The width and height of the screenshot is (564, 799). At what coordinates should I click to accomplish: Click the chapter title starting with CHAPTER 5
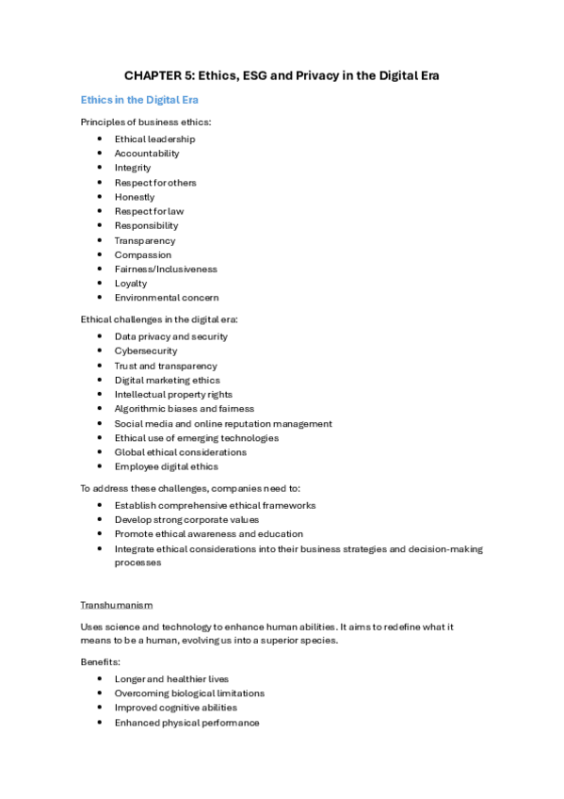click(282, 75)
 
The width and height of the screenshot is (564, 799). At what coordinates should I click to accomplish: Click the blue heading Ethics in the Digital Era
click(139, 100)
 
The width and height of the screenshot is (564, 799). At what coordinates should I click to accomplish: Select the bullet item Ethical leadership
click(154, 139)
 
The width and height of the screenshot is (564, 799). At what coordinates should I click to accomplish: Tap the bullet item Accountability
click(147, 154)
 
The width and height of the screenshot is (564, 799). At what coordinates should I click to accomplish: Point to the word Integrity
click(133, 168)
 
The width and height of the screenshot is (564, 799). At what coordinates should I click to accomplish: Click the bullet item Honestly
click(135, 197)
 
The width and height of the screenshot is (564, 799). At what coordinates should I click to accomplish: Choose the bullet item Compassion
click(143, 254)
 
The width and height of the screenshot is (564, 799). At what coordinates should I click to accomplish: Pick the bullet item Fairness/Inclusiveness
click(166, 269)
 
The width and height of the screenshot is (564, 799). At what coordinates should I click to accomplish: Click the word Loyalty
click(131, 283)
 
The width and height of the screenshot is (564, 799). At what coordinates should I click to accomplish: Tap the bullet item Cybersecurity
click(146, 351)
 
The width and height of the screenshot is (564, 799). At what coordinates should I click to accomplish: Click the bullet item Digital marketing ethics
click(168, 380)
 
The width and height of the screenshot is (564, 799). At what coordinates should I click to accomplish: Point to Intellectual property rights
click(173, 394)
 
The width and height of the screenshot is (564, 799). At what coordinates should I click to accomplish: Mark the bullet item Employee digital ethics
click(166, 466)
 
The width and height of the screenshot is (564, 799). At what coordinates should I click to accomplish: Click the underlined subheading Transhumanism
click(117, 604)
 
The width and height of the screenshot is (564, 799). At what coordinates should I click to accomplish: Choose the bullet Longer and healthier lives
click(171, 678)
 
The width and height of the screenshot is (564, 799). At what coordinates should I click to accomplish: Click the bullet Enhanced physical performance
click(186, 723)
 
